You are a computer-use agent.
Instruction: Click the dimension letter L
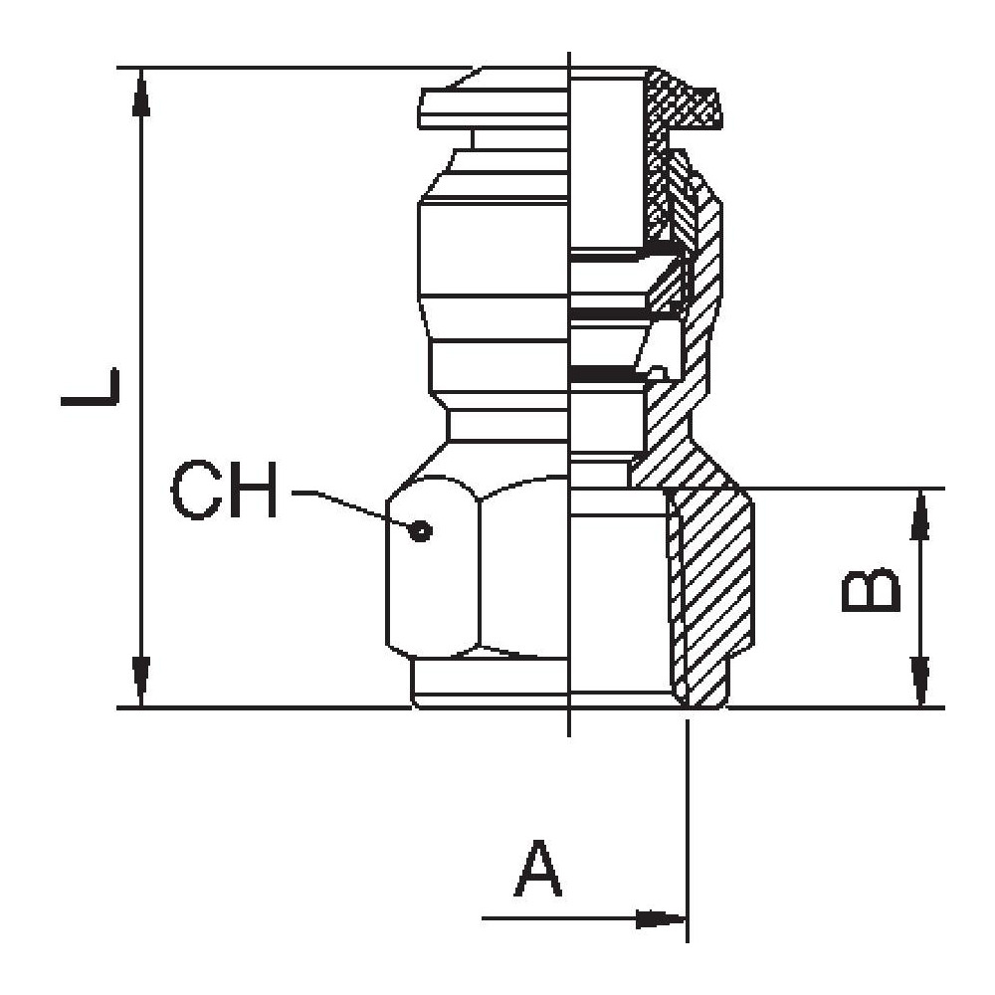point(91,387)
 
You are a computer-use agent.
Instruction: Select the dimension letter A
point(538,869)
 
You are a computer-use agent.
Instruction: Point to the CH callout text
point(224,491)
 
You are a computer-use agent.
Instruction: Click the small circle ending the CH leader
point(423,529)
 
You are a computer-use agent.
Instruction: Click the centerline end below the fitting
point(567,726)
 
